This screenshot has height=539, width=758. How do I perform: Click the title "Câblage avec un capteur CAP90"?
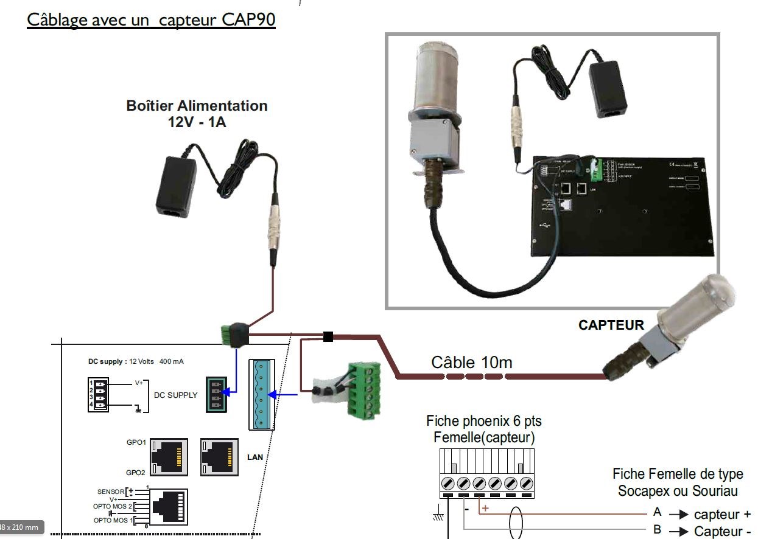tap(151, 19)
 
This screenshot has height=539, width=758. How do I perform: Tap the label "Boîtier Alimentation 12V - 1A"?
tap(197, 113)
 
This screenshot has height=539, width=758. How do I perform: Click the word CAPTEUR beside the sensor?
tap(611, 325)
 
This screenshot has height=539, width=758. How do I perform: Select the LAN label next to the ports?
tap(255, 457)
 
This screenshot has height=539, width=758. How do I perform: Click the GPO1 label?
tap(136, 442)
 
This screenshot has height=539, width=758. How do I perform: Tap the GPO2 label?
tap(136, 473)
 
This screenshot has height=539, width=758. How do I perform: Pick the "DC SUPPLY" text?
tap(175, 395)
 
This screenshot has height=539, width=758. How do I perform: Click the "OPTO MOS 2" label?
tap(113, 506)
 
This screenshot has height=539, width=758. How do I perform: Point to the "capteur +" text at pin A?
tap(722, 515)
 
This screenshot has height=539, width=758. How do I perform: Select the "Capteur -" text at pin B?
tap(722, 531)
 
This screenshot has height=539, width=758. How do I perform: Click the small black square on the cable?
tap(328, 336)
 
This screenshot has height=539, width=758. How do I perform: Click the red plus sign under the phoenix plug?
tap(485, 508)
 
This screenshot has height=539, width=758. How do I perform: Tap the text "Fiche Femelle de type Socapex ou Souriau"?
tap(677, 482)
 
